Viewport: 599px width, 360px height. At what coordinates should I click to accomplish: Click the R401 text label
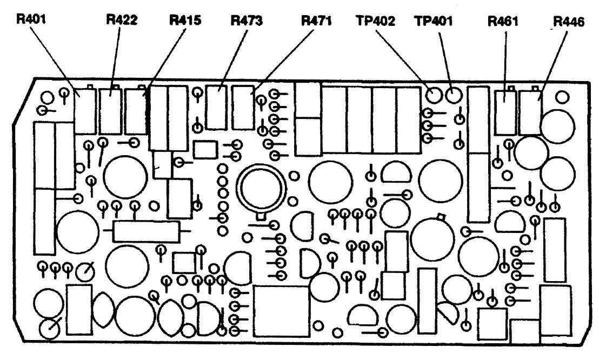31,21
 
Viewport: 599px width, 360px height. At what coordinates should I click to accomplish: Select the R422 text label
121,21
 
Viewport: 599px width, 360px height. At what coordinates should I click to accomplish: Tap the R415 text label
185,21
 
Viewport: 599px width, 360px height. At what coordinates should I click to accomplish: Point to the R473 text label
247,21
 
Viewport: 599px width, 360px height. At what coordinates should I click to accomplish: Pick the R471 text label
316,21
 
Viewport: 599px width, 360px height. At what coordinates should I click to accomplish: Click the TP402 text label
375,21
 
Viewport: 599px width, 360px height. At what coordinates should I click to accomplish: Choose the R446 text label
569,23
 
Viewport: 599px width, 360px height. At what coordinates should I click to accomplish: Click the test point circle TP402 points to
433,96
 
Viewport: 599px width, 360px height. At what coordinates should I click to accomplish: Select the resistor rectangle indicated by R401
85,111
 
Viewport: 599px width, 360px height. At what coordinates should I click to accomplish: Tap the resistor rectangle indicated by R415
136,111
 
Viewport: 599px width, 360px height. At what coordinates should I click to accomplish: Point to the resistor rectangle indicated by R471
243,108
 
